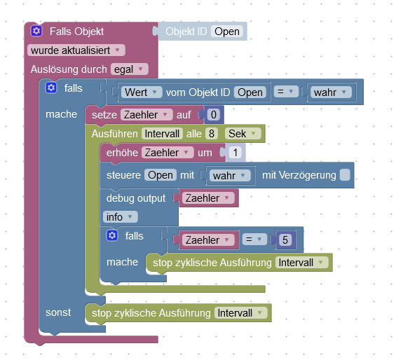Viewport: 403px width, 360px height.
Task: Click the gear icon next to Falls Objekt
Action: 36,31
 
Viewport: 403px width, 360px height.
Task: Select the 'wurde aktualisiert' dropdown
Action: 76,50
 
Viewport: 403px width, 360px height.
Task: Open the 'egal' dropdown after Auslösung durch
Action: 129,69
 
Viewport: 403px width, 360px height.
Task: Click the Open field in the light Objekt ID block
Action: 227,32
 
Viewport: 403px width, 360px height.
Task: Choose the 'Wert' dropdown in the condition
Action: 142,92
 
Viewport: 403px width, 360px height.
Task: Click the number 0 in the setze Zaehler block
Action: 214,115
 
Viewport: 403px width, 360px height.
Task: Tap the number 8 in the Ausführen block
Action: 212,134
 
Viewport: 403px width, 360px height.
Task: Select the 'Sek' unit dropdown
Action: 243,134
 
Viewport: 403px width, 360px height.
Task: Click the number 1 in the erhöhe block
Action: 235,153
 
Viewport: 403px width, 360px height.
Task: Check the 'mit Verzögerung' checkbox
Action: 345,175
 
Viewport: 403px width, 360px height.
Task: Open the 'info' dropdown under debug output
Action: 121,217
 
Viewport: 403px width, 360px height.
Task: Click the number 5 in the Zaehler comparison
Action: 285,240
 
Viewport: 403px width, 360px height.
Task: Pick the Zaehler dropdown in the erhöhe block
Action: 168,153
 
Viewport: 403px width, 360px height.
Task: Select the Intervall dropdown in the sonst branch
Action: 241,313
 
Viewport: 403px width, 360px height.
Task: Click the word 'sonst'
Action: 58,312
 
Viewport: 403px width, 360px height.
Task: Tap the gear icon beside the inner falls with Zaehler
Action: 112,235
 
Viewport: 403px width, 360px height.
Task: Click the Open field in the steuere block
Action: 160,175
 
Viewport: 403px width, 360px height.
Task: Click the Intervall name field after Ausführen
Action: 162,134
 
